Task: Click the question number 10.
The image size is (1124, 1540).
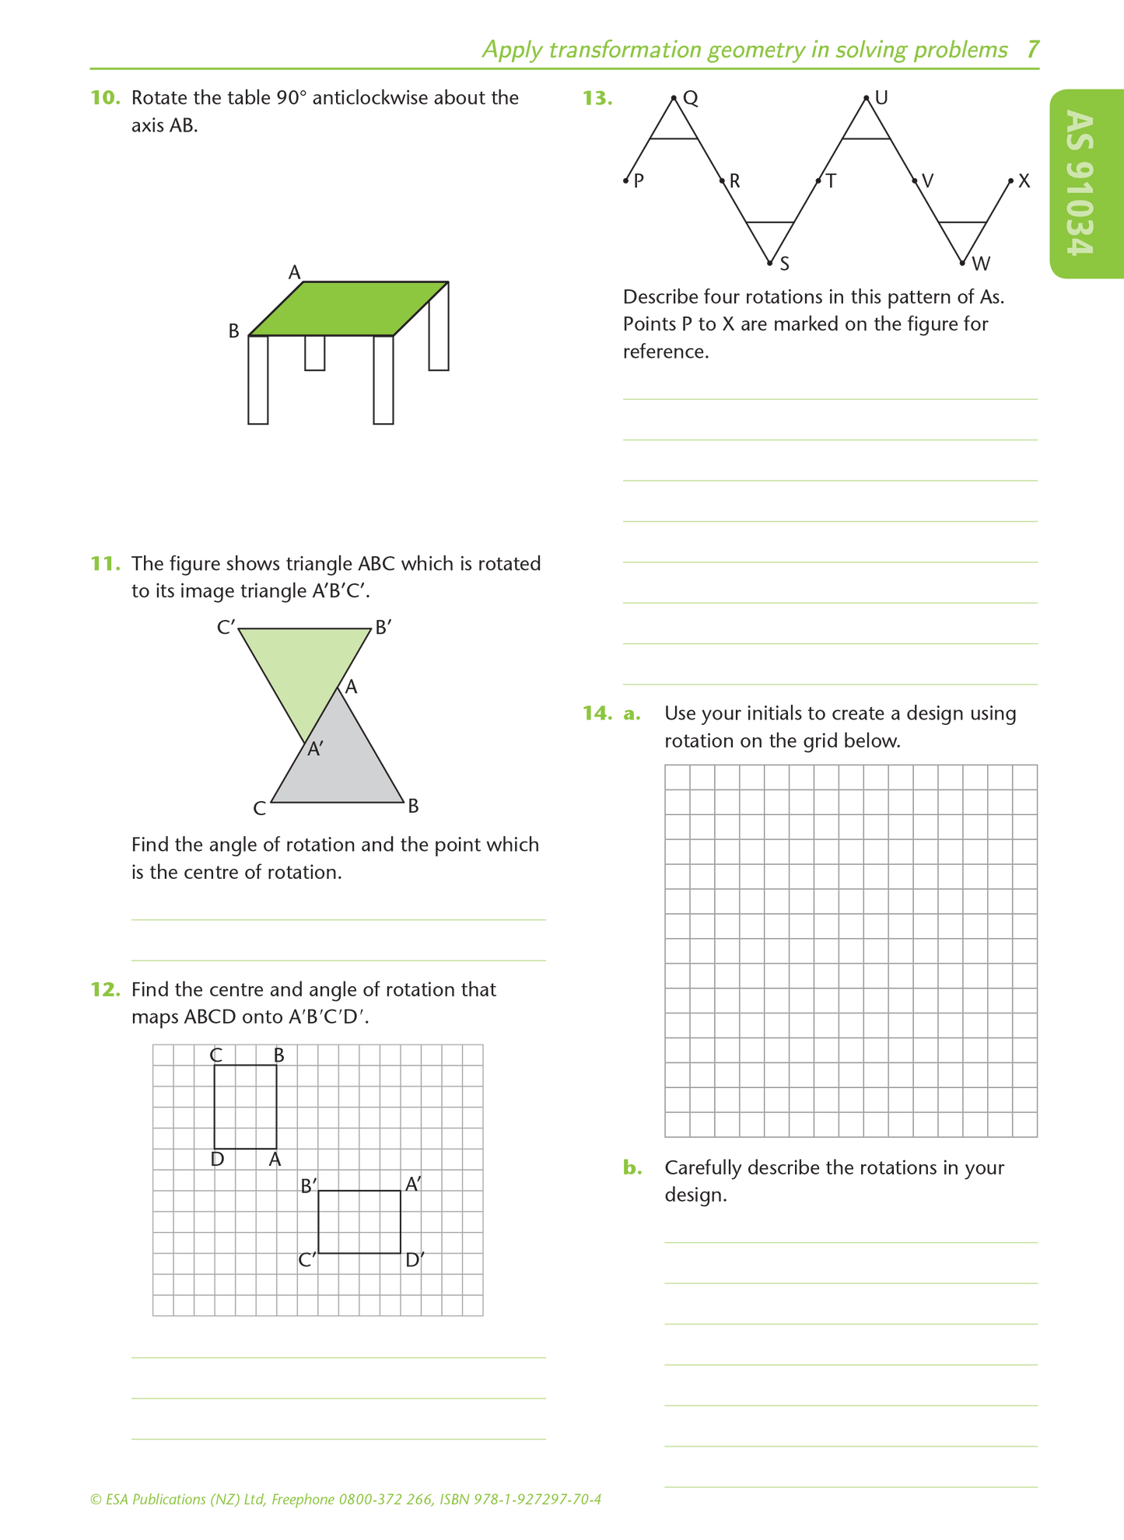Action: [105, 98]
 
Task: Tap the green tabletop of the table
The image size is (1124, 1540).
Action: [348, 309]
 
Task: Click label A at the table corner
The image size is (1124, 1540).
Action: [294, 272]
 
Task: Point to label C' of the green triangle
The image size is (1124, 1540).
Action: [226, 627]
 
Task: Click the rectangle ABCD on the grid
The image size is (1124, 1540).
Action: [245, 1106]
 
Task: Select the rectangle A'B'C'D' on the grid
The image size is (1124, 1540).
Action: [359, 1221]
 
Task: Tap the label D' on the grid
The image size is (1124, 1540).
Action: [415, 1259]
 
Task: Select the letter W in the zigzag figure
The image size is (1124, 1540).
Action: [981, 264]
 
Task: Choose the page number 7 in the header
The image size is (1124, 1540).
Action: [1032, 50]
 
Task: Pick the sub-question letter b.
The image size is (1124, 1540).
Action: [632, 1167]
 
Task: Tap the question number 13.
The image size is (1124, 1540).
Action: [597, 98]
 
